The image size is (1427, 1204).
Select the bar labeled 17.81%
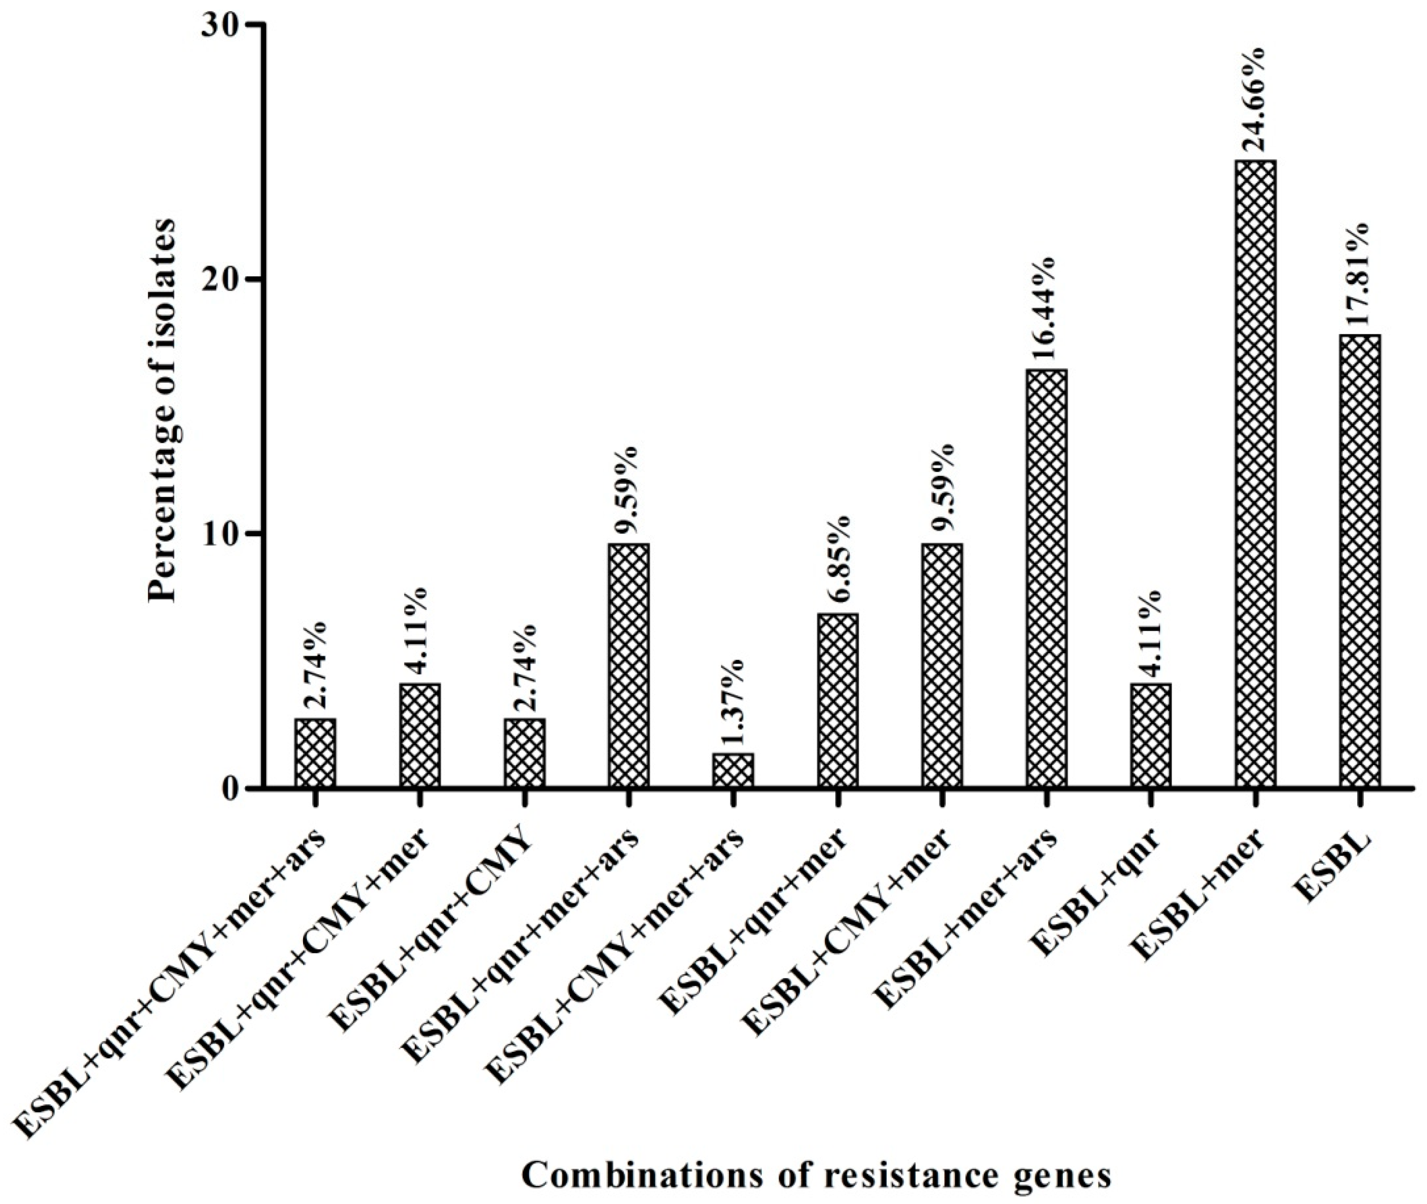point(1360,561)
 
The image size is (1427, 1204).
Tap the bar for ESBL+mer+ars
point(1046,579)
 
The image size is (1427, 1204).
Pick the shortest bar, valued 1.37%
point(733,770)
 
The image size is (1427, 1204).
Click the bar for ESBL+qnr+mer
point(837,701)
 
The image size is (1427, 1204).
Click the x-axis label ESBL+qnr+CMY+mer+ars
point(174,983)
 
